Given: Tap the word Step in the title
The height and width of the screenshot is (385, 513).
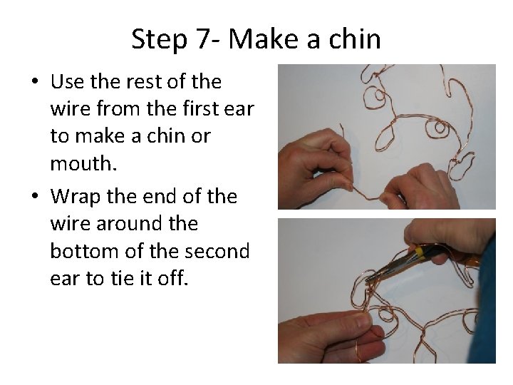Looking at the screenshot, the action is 159,40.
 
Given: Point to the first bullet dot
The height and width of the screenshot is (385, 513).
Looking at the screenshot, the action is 35,81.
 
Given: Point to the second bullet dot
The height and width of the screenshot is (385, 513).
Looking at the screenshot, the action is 35,195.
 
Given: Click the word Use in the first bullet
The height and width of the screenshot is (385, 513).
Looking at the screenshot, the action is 68,81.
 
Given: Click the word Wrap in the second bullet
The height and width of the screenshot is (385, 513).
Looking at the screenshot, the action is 76,197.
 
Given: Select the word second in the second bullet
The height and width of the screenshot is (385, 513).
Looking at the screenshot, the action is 217,251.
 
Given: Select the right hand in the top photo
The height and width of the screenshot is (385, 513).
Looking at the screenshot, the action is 422,188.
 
